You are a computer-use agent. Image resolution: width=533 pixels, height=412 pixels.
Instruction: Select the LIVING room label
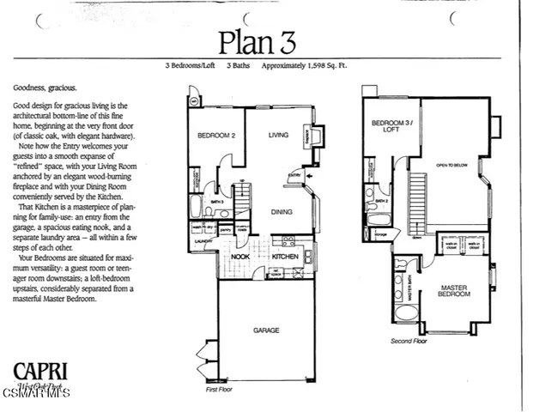pyautogui.click(x=279, y=135)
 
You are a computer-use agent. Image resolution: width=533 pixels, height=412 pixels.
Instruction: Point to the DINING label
pyautogui.click(x=282, y=211)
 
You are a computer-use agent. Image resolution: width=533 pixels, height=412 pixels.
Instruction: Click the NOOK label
pyautogui.click(x=240, y=256)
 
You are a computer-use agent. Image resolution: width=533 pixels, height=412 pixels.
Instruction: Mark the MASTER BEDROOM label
pyautogui.click(x=455, y=291)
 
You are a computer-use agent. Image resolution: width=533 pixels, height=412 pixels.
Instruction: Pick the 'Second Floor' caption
pyautogui.click(x=409, y=340)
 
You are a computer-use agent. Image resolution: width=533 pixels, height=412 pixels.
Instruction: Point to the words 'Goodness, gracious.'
pyautogui.click(x=45, y=88)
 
